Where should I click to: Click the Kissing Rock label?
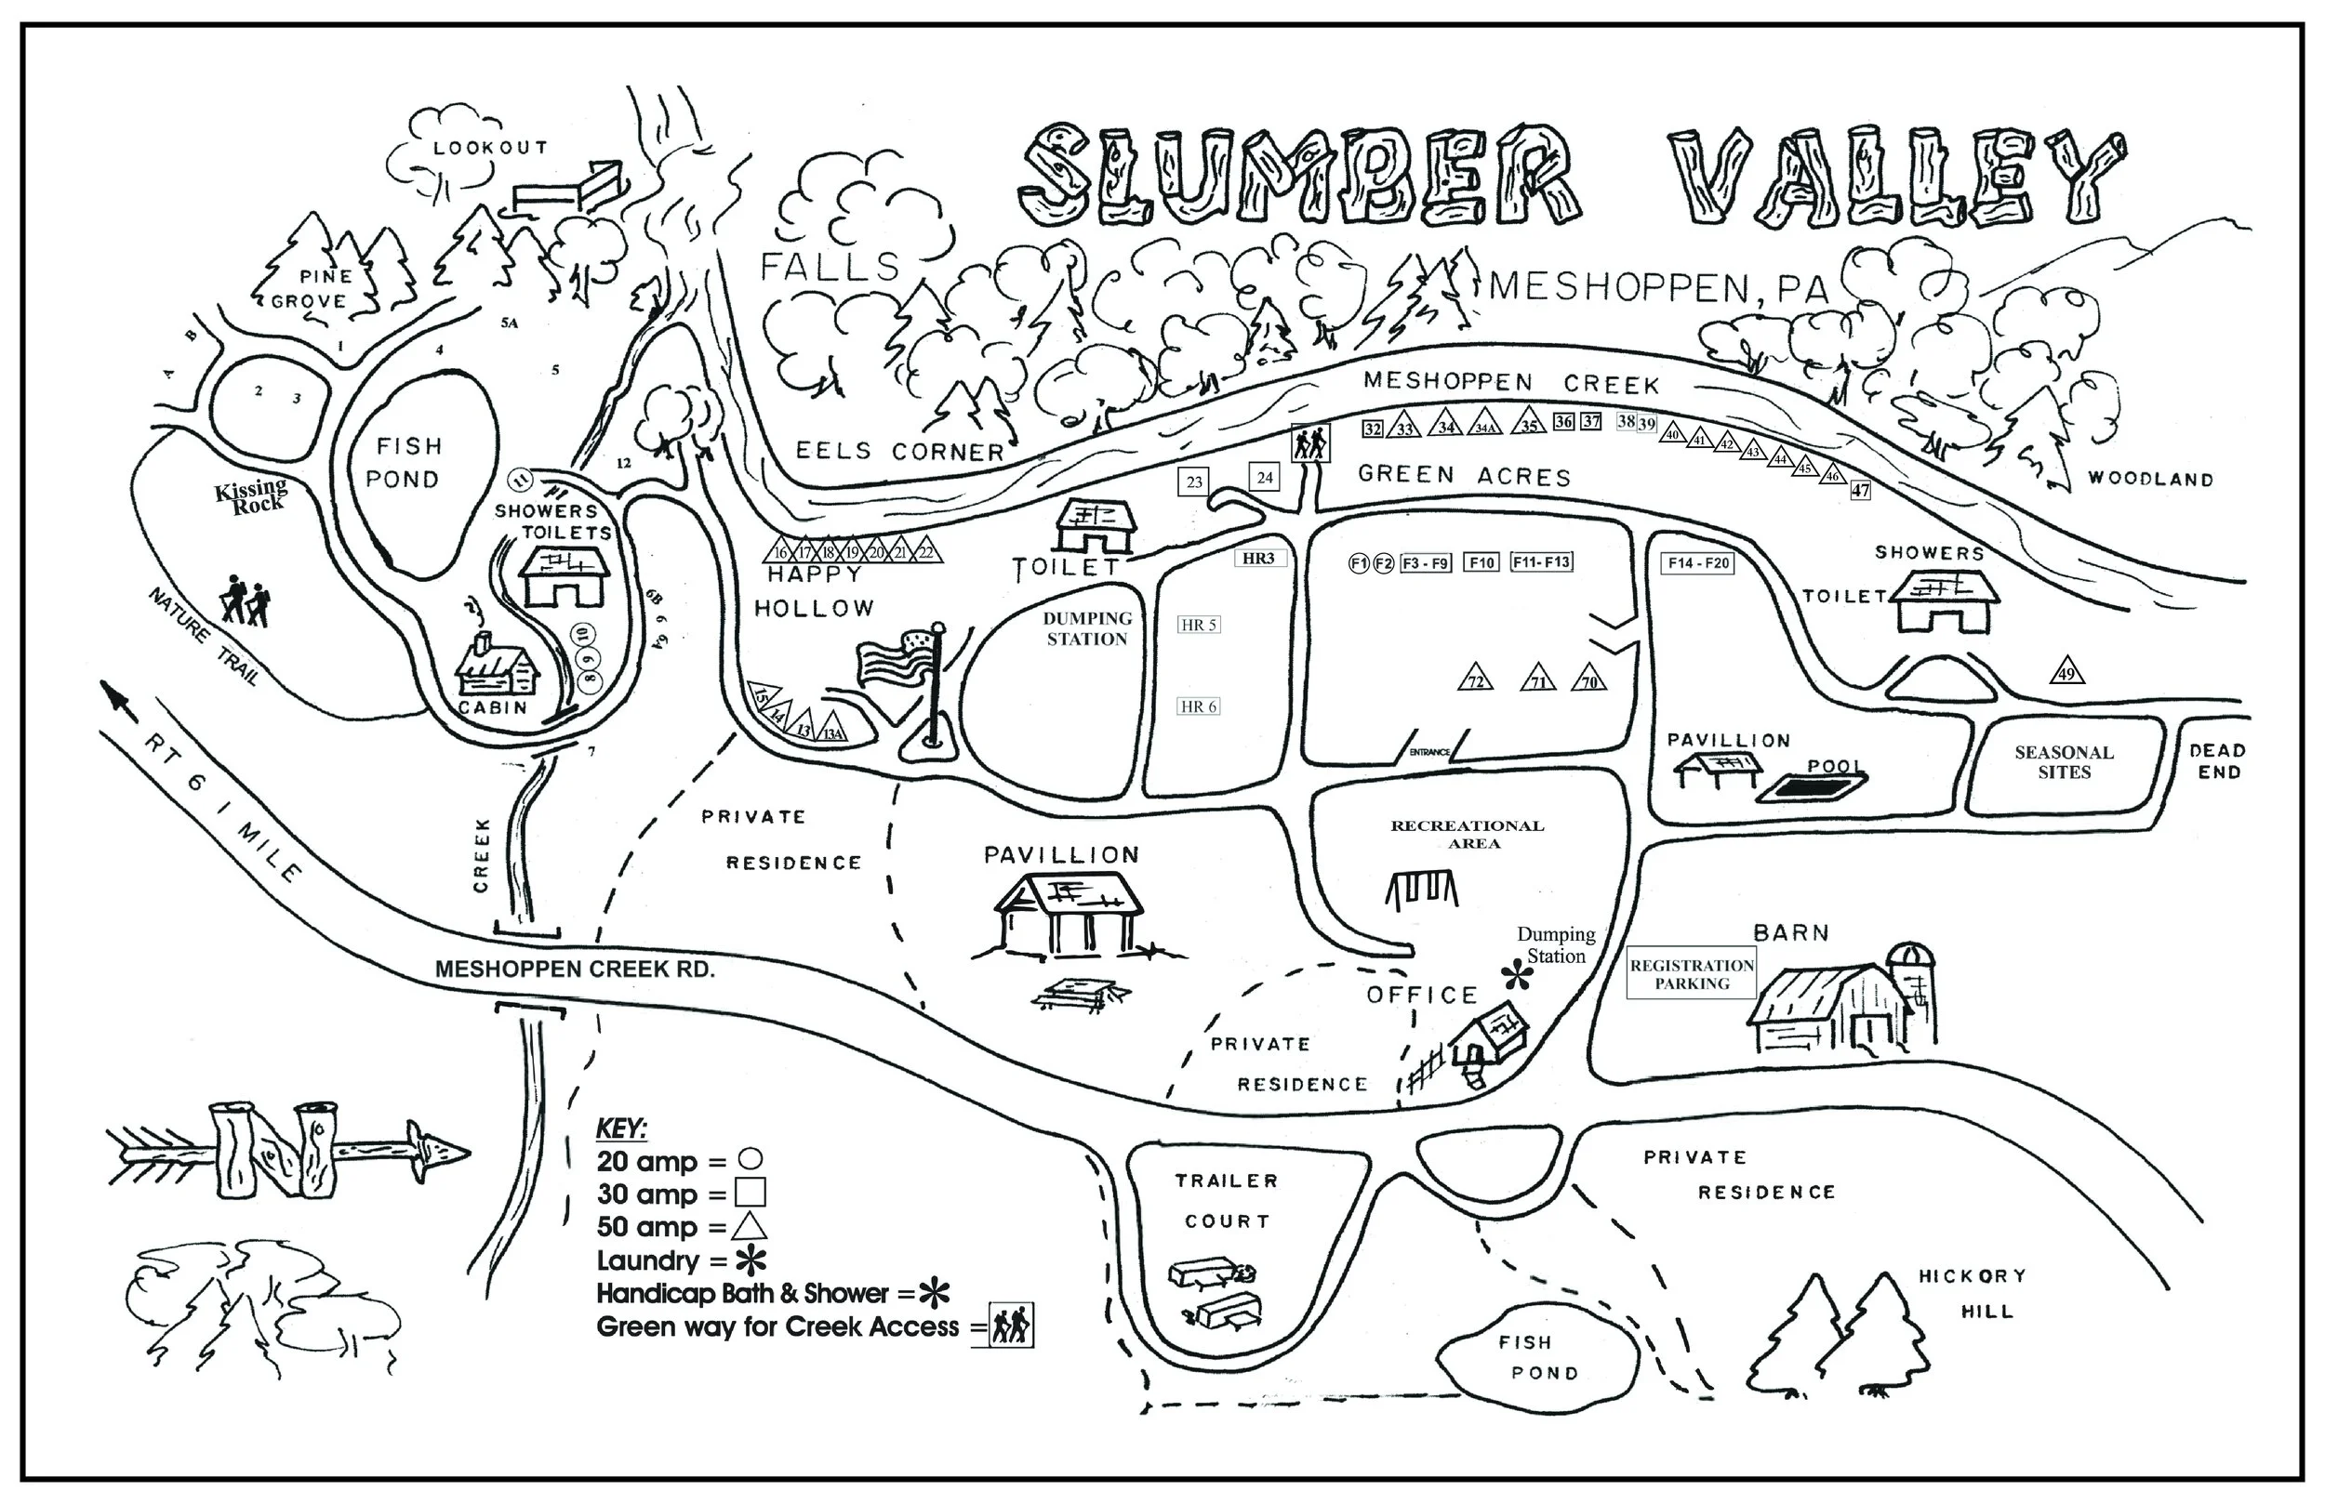(252, 495)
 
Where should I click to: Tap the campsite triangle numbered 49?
(2066, 673)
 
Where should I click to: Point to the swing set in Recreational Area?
(1421, 889)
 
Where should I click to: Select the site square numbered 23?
(1194, 482)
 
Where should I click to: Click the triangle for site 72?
(1476, 679)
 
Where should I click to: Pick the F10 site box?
(1481, 562)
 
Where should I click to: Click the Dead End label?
(2216, 760)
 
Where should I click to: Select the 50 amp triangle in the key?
(749, 1227)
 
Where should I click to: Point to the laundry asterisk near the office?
(1517, 973)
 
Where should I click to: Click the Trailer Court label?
(1227, 1200)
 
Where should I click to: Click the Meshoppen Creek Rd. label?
(575, 969)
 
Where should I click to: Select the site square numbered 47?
(1860, 490)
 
